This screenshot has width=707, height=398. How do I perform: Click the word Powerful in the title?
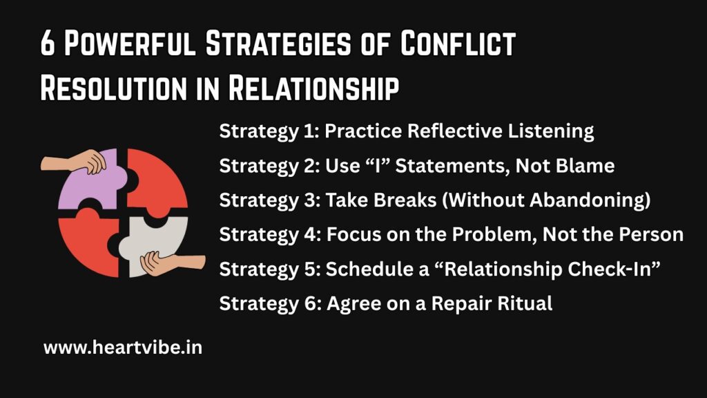[130, 44]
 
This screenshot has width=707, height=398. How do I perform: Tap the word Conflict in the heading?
[458, 44]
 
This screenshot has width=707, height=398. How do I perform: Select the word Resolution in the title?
[114, 88]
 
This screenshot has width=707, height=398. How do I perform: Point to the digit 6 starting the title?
[48, 44]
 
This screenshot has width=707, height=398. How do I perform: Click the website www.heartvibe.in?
[123, 348]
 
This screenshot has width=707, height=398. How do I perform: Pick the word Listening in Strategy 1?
[551, 132]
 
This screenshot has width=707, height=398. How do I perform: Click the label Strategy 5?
[270, 270]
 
